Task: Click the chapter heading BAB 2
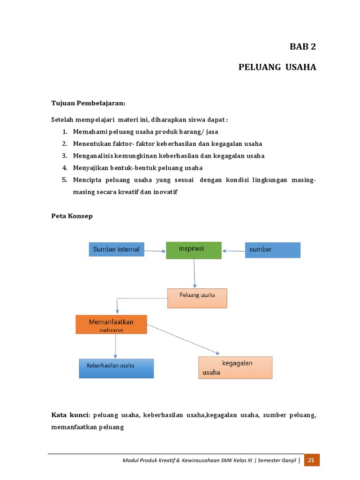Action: coord(302,46)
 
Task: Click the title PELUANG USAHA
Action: coord(277,67)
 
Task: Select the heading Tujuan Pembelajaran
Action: coord(88,103)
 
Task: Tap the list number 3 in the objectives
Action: coord(65,156)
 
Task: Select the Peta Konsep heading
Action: coord(72,216)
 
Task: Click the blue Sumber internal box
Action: coord(116,249)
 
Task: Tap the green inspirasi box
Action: coord(194,250)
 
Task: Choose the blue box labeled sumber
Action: coord(272,250)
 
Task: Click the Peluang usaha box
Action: coord(197,298)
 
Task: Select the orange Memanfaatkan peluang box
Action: coord(111,324)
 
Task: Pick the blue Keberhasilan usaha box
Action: coord(116,368)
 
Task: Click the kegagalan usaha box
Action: coord(235,367)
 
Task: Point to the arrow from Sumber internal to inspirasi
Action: coord(155,251)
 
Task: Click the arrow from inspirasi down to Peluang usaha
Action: coord(194,273)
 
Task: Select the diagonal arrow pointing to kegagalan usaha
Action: coord(183,338)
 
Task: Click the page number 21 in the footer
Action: coord(311,460)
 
